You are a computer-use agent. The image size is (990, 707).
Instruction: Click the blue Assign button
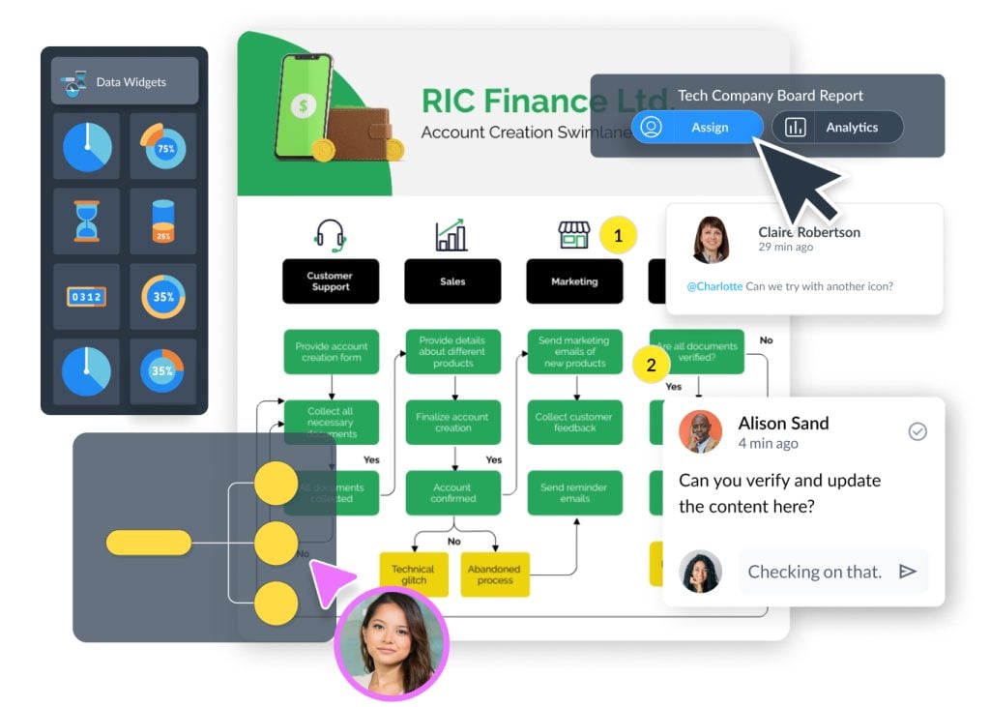[696, 128]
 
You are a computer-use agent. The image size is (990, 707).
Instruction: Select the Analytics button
[837, 128]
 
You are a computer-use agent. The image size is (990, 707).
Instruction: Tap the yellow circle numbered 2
[651, 366]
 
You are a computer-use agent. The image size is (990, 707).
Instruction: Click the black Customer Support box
[331, 281]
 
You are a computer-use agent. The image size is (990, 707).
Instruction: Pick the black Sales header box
[452, 281]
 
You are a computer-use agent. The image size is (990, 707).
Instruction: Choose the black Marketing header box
[574, 281]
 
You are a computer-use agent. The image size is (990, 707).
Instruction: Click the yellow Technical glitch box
[413, 574]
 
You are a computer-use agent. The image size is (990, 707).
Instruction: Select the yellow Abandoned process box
[495, 574]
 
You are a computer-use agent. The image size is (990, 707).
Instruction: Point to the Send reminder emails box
[574, 493]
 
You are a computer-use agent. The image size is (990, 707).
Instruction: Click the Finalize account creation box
[452, 423]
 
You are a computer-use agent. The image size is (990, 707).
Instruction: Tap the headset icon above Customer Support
[331, 235]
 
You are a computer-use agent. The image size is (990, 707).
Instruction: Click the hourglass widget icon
[87, 221]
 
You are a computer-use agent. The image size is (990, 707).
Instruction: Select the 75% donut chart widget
[162, 147]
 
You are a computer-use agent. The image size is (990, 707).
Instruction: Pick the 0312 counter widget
[87, 297]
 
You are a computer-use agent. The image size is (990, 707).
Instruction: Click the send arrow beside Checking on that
[907, 572]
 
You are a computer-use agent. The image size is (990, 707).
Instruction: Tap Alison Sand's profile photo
[700, 432]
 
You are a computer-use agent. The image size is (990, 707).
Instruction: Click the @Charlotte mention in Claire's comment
[714, 286]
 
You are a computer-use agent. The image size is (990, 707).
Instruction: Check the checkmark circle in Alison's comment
[917, 431]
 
